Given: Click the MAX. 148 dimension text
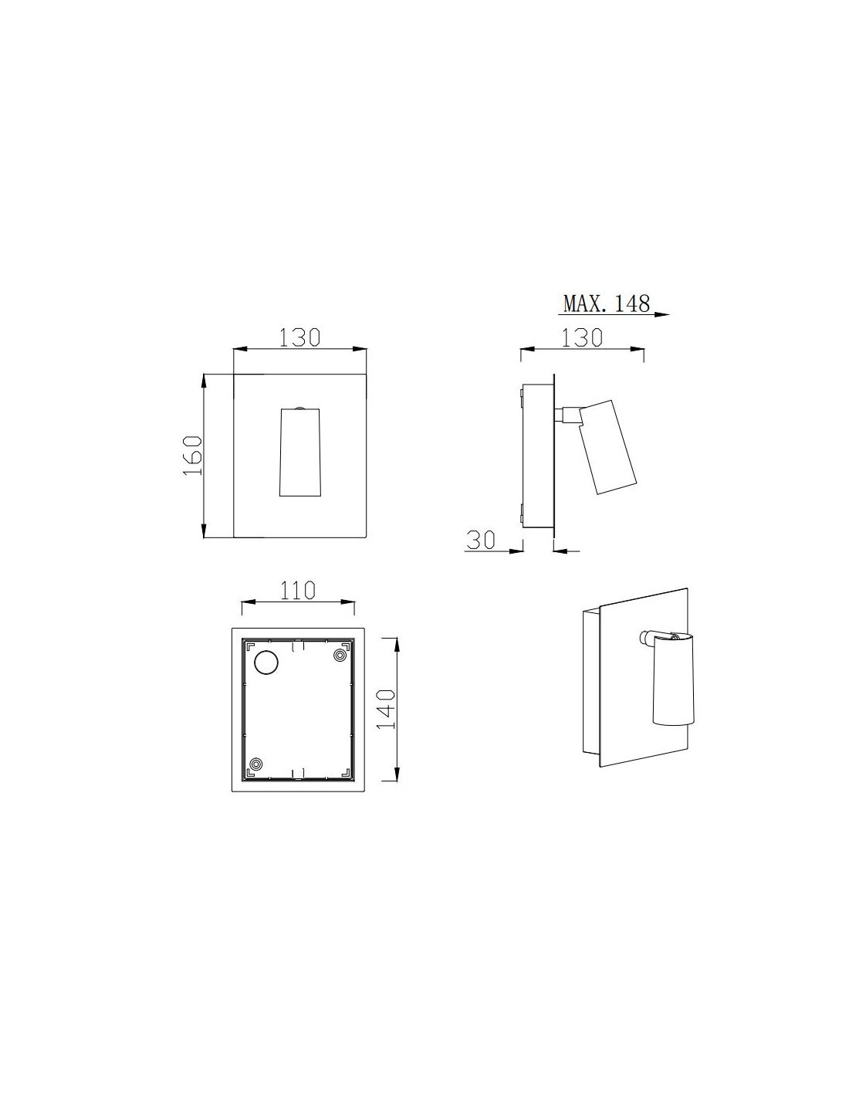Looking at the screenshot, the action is point(606,303).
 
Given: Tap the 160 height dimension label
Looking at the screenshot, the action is point(192,455).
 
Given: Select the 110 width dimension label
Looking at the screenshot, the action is point(297,590).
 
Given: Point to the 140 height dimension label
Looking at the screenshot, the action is point(386,708).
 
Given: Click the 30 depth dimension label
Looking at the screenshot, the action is point(481,540).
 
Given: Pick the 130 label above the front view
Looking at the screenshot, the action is point(300,337).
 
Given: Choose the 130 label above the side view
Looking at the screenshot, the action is point(582,337).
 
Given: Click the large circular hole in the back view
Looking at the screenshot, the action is point(266,662).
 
